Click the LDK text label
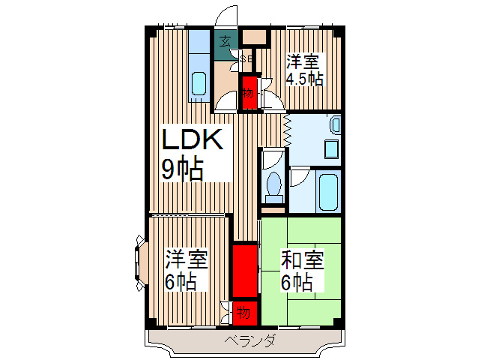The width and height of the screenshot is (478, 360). pos(191,141)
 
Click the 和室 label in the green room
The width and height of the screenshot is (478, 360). pos(303,260)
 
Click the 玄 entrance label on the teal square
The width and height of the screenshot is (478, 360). pos(226,41)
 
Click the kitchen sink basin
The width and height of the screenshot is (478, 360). pos(199,82)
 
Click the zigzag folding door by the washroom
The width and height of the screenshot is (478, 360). pos(287,129)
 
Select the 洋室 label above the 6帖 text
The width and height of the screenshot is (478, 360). pos(187,260)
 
